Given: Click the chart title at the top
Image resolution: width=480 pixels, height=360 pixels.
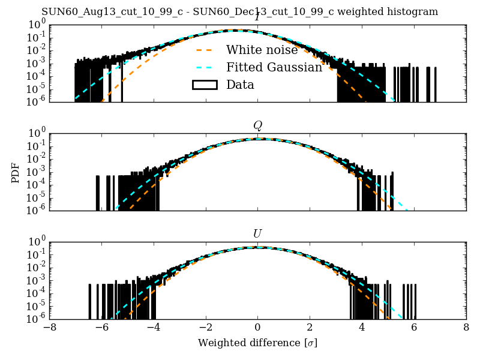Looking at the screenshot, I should [x=239, y=12].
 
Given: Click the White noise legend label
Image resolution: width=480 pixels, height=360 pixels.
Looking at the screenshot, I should [x=262, y=50].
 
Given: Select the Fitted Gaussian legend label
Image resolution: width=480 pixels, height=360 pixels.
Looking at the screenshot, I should [x=274, y=67].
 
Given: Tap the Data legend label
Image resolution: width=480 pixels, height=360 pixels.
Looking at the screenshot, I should [x=240, y=85].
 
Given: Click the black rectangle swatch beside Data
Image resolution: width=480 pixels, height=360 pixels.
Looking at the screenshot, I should [x=204, y=85].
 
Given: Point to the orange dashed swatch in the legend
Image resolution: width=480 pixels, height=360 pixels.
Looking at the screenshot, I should [x=204, y=50].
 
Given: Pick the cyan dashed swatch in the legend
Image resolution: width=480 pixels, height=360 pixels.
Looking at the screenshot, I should [x=204, y=68].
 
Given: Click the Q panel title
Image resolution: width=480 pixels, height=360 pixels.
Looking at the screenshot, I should [x=257, y=125].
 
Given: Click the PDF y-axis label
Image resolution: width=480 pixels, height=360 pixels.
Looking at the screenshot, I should [x=16, y=172].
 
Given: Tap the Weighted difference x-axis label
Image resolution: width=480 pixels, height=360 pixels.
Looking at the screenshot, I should [x=257, y=343].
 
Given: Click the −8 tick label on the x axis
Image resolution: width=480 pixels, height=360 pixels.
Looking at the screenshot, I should [x=50, y=328].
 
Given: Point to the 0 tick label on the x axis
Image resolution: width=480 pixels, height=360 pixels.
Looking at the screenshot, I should [x=257, y=328].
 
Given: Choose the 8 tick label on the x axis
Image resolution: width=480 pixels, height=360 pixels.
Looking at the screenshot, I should [x=466, y=328].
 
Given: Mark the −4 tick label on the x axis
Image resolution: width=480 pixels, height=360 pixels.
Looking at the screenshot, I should [x=154, y=328].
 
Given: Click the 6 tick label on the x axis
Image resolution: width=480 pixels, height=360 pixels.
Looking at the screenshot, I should [x=414, y=328].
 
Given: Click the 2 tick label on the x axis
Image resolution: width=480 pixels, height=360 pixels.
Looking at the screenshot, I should [x=310, y=328].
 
